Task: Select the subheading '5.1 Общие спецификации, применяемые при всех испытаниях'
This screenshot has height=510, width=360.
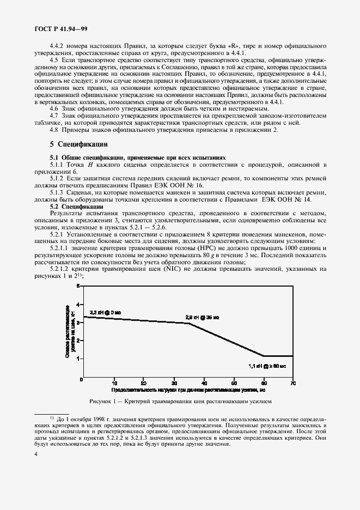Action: (x=137, y=157)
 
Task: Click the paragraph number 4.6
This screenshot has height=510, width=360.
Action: (x=56, y=109)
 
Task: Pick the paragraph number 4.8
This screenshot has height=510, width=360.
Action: (x=56, y=130)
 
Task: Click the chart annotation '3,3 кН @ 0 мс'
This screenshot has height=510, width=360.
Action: (x=106, y=312)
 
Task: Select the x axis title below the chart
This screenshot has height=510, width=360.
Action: (x=188, y=390)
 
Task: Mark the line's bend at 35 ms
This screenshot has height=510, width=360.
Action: (x=188, y=324)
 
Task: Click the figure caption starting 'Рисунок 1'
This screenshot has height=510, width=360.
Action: (x=180, y=402)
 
